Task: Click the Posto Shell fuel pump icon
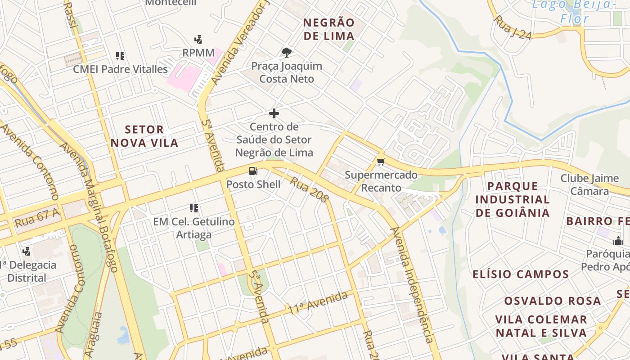coord(253,171)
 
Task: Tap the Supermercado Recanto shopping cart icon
coord(381,162)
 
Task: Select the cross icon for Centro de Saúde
coord(274,113)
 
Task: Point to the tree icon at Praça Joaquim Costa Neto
coord(286,53)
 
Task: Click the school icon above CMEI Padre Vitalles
coord(120,56)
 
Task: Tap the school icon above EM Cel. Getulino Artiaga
coord(194,208)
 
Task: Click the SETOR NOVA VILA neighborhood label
coord(144,136)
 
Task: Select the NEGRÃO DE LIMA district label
coord(329,29)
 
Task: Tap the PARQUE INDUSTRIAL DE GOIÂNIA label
coord(513,199)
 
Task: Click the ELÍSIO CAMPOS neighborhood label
coord(521,274)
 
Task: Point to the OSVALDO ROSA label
coord(552,301)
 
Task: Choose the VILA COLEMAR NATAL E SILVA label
coord(541,326)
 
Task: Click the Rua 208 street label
coord(309,189)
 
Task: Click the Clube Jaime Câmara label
coord(589,184)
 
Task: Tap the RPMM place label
coord(198,53)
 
